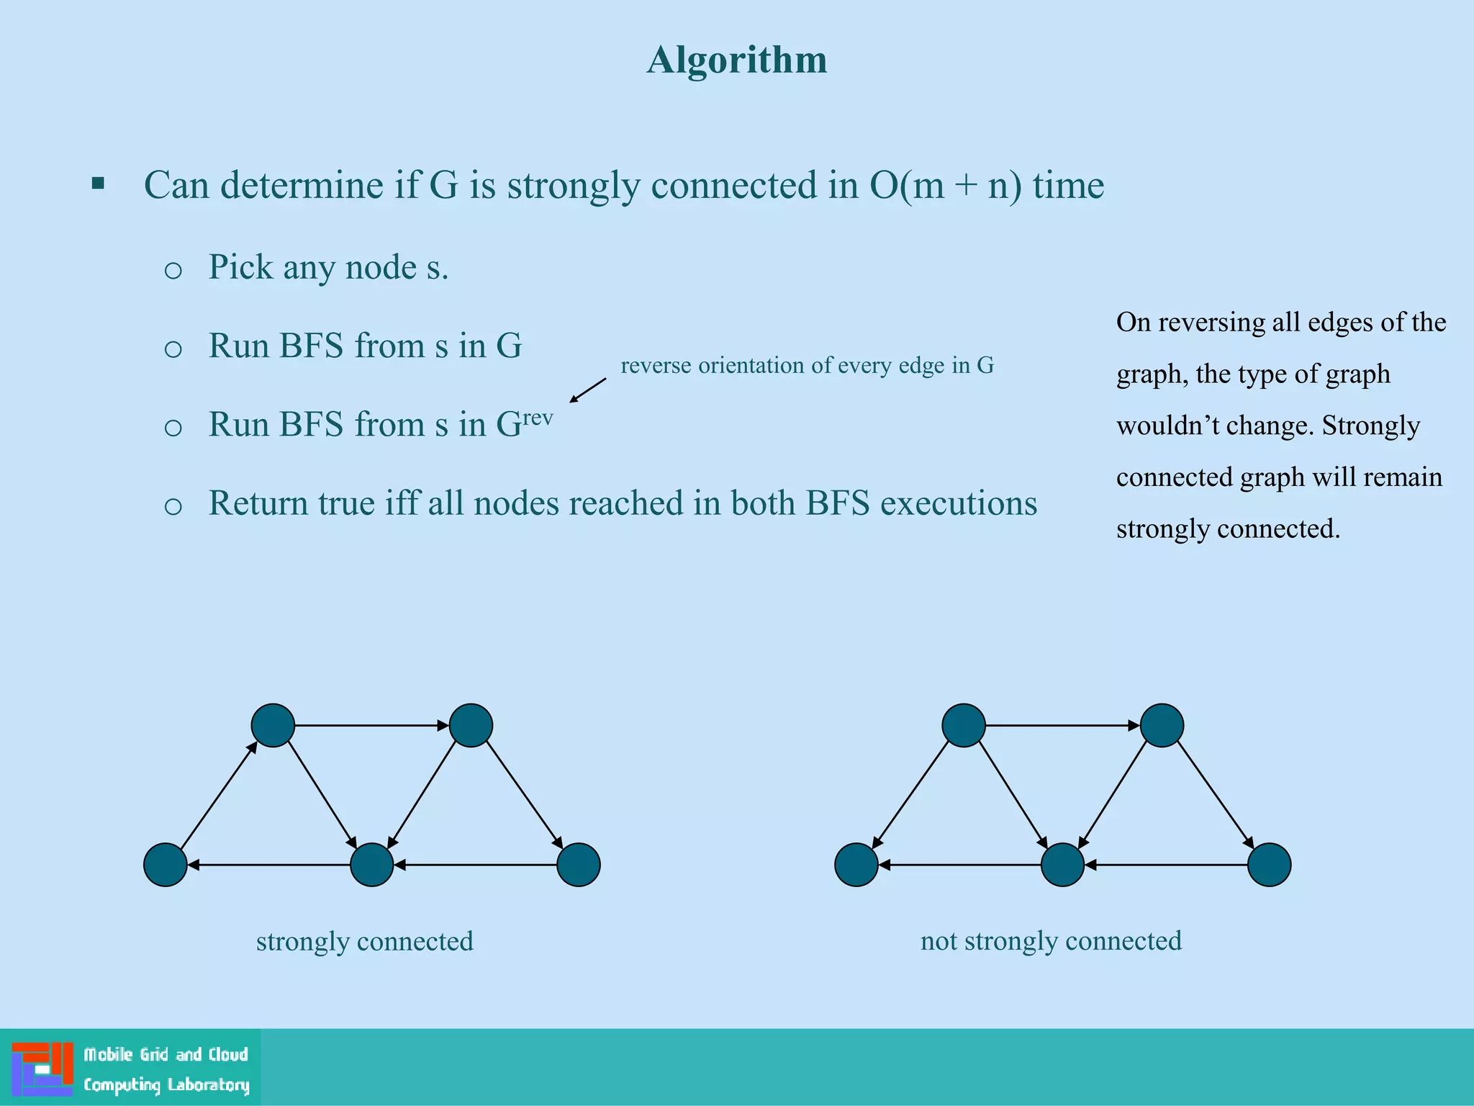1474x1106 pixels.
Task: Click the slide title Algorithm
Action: [736, 60]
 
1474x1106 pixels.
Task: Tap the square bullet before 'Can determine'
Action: [99, 184]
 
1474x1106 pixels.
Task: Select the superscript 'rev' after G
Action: [538, 418]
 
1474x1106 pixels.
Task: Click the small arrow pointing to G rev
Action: [587, 390]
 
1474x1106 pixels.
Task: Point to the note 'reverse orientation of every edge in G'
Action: [807, 366]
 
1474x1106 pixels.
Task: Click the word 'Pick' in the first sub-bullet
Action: [240, 267]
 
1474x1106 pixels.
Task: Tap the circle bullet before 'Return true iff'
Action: [173, 506]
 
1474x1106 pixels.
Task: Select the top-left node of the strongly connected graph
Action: [273, 725]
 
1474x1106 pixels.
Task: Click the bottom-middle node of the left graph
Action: [371, 865]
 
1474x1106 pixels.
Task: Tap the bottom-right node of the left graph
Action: [579, 865]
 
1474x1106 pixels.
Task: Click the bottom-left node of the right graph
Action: [856, 865]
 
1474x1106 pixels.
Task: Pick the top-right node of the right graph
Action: [1162, 725]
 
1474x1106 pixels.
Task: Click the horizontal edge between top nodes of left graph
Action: [371, 725]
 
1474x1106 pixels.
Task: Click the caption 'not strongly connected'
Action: [1051, 941]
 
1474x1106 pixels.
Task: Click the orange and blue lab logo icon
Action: [42, 1069]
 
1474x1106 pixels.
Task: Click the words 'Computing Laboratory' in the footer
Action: [166, 1084]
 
